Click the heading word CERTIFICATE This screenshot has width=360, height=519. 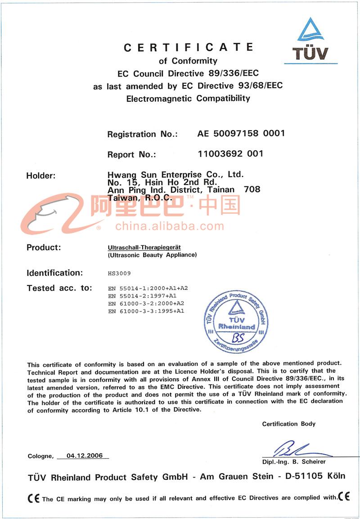188,47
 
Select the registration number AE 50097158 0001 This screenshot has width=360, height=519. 241,133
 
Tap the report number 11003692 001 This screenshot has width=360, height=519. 230,153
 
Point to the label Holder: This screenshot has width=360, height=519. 41,176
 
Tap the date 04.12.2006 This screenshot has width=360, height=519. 85,456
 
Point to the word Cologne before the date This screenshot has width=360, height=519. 40,456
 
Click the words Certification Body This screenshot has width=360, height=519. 289,424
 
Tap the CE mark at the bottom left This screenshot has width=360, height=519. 34,498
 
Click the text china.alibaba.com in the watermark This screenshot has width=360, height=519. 169,226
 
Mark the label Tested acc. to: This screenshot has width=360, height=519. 59,288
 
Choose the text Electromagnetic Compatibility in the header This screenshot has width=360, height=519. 188,98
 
